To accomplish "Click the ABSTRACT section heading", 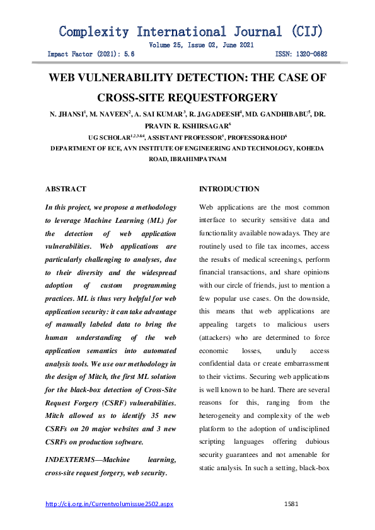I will click(x=66, y=189).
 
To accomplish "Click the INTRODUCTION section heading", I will click(x=229, y=189).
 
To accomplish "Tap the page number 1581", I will click(x=291, y=504).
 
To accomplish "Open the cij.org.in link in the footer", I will click(x=109, y=504).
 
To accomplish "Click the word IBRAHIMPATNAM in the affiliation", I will click(x=197, y=160).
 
